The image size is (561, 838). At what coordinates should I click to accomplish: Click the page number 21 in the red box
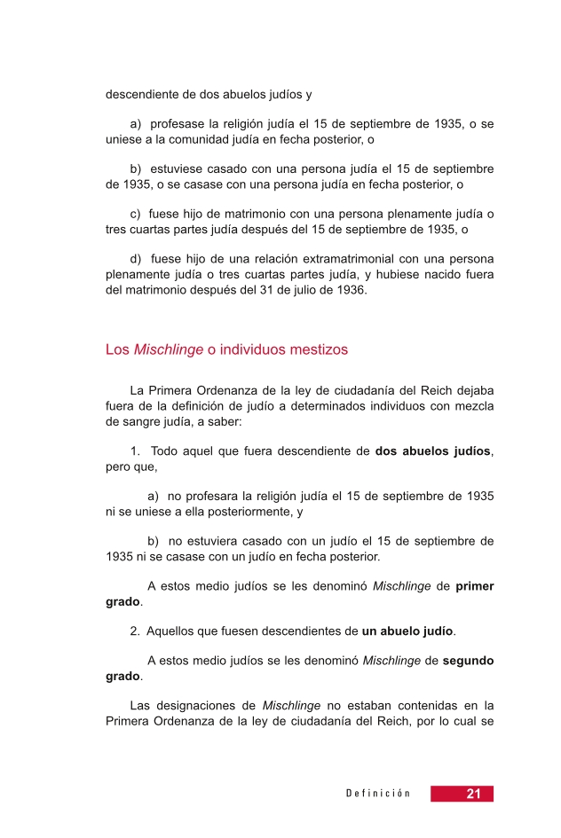tap(473, 794)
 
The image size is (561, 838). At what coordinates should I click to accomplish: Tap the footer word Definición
tap(378, 794)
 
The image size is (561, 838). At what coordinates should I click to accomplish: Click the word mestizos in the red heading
tap(316, 349)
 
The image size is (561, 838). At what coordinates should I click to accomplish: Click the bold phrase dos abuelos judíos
tap(432, 450)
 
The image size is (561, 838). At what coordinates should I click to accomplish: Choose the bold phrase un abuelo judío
tap(408, 631)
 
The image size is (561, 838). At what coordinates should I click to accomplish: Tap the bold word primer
tap(475, 586)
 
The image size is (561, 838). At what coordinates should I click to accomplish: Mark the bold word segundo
tap(468, 661)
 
